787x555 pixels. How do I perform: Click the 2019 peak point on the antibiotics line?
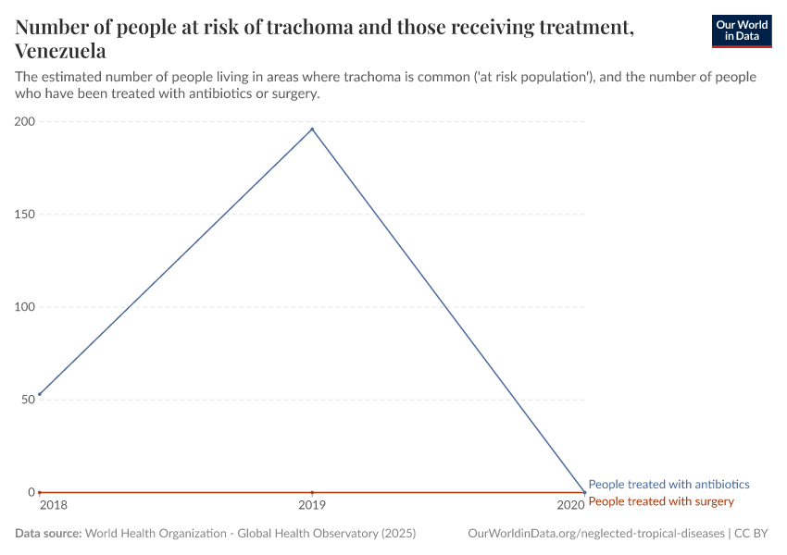[x=312, y=129]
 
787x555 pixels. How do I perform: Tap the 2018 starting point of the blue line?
[x=39, y=394]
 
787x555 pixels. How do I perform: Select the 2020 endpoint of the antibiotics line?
[x=584, y=492]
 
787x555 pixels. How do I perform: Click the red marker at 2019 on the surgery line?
[x=312, y=492]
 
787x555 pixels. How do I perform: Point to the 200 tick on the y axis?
[x=25, y=122]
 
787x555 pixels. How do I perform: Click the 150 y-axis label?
[x=25, y=215]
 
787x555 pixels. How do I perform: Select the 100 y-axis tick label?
[x=25, y=307]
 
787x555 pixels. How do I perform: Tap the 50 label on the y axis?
[x=28, y=400]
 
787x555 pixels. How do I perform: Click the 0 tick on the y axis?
[x=31, y=492]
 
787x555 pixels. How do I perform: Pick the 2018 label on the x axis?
[x=53, y=505]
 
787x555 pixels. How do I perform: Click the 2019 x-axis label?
[x=312, y=505]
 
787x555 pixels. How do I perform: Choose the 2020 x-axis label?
[x=570, y=505]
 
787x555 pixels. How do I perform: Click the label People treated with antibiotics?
[x=668, y=484]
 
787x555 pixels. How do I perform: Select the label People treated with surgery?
[x=661, y=501]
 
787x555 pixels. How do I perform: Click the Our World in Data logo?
[x=741, y=31]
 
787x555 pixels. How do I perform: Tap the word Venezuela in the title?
[x=60, y=51]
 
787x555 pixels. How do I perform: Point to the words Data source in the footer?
[x=48, y=534]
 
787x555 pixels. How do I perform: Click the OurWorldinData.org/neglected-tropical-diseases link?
[x=596, y=534]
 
